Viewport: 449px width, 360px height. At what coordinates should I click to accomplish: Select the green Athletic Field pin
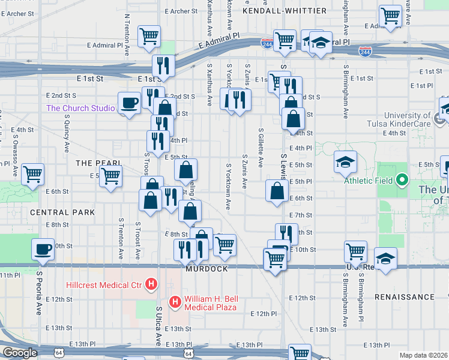click(x=403, y=180)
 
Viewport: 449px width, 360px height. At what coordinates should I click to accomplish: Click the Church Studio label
click(x=80, y=108)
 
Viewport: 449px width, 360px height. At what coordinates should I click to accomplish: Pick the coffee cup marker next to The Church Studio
click(x=129, y=103)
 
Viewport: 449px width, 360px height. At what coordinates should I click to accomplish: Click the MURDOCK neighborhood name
click(x=206, y=269)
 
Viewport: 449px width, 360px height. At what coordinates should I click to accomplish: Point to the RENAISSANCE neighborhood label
click(x=404, y=297)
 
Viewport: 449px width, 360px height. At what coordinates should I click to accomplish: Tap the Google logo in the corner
click(x=20, y=353)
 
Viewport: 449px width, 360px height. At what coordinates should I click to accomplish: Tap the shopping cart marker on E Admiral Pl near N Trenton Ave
click(x=149, y=35)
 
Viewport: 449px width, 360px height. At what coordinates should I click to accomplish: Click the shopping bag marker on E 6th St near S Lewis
click(x=277, y=191)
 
